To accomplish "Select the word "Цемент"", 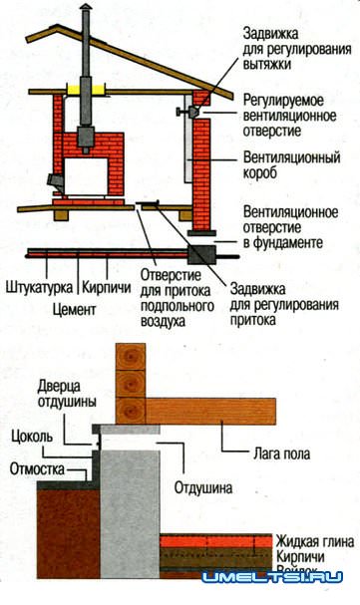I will click(71, 309).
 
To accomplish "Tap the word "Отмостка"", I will click(36, 467).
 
